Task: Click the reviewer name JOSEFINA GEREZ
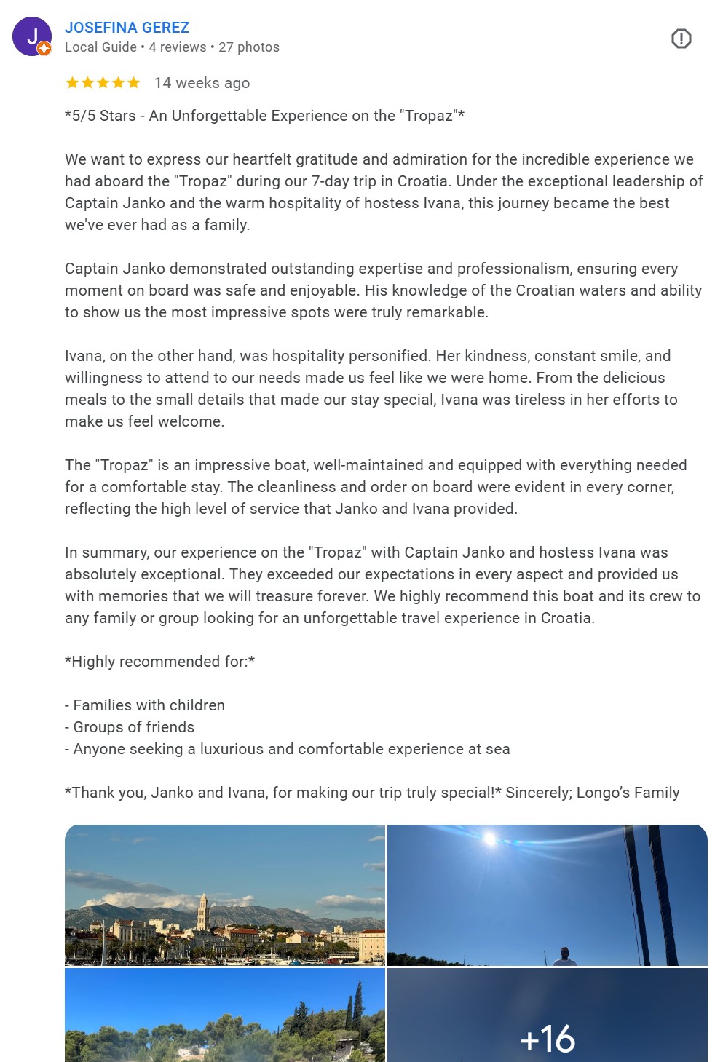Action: (127, 28)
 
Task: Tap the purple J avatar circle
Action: (31, 36)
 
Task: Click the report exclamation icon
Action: (681, 39)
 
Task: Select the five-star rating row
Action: (103, 83)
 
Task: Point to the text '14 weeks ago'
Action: (202, 83)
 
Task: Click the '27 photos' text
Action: (249, 47)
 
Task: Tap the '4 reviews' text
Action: (178, 47)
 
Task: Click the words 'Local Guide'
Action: (100, 47)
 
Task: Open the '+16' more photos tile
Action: (547, 1019)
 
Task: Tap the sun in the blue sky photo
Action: (490, 840)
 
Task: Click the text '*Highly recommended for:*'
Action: (159, 662)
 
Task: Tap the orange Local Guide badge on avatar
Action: (44, 49)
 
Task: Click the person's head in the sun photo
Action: (564, 953)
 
